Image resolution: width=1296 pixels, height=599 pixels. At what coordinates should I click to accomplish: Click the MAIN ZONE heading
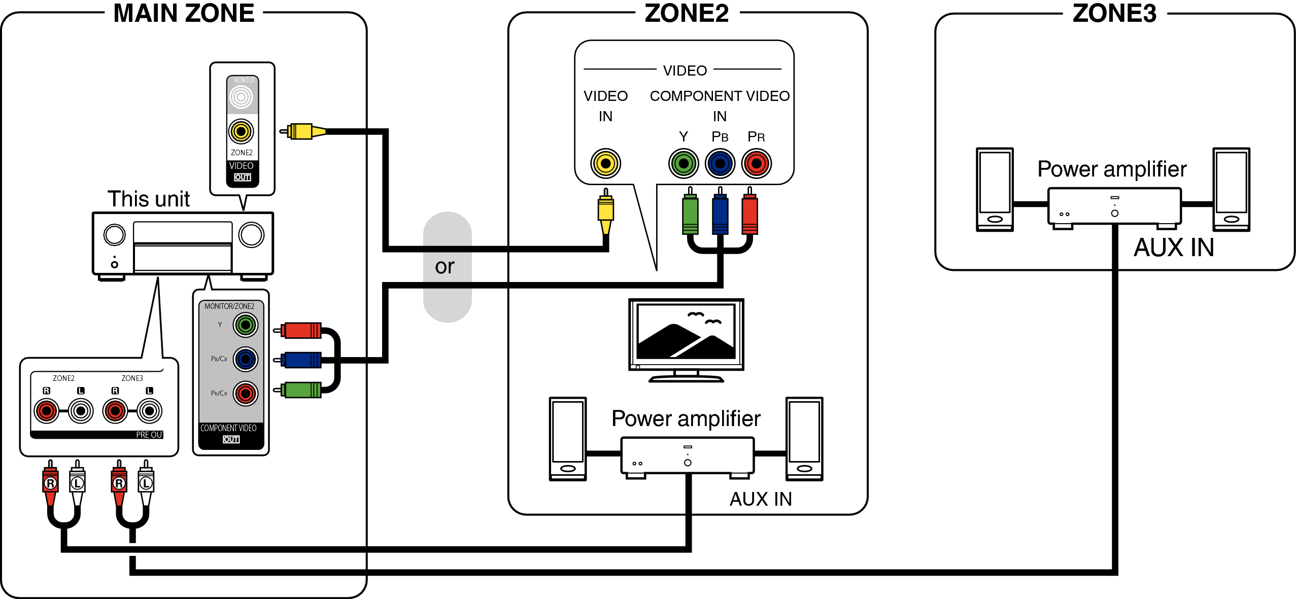[x=184, y=13]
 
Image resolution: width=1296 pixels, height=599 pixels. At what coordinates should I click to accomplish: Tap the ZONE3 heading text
[x=1114, y=13]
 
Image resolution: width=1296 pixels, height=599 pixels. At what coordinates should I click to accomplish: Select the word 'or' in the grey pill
[x=445, y=267]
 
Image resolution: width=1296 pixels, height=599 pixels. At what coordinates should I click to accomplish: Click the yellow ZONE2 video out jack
[x=241, y=132]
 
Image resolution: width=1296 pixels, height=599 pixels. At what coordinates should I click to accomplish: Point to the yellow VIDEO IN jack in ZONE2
[x=605, y=163]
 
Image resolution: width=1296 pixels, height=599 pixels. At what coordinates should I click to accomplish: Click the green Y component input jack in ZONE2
[x=684, y=163]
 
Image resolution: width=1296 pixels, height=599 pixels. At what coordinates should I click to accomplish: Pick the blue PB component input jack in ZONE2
[x=720, y=163]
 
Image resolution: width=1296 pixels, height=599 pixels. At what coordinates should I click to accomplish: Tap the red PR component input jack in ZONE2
[x=756, y=163]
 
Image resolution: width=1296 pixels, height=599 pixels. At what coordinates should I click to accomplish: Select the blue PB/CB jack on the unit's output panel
[x=246, y=359]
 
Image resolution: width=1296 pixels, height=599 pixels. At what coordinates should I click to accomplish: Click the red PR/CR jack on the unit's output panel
[x=246, y=394]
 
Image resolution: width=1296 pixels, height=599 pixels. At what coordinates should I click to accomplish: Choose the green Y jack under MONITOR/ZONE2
[x=246, y=325]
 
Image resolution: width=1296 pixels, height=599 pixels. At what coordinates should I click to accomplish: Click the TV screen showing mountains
[x=686, y=332]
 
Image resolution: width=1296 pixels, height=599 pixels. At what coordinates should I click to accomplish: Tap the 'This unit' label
[x=148, y=199]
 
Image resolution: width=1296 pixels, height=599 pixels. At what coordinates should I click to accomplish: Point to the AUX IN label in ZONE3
[x=1174, y=248]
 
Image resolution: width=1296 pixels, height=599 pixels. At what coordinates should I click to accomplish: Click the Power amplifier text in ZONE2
[x=686, y=419]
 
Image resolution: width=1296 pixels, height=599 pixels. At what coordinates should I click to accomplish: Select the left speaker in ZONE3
[x=995, y=189]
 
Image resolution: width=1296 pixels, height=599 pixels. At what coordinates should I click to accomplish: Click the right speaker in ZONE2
[x=804, y=439]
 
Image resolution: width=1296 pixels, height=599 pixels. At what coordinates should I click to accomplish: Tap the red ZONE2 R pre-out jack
[x=46, y=411]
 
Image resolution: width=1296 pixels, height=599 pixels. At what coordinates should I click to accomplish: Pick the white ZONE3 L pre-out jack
[x=149, y=411]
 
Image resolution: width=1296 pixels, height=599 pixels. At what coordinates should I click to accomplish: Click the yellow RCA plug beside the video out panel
[x=301, y=132]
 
